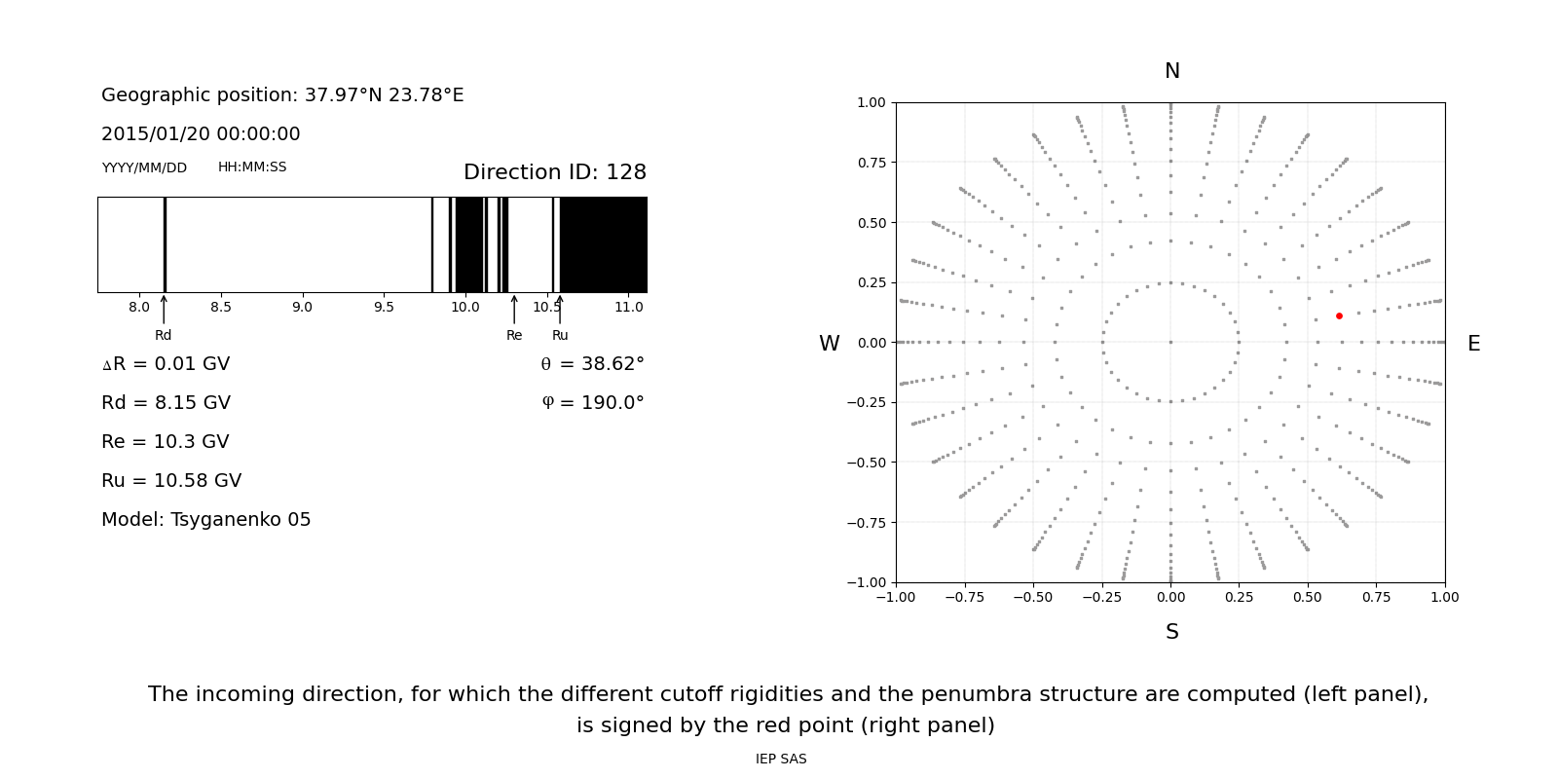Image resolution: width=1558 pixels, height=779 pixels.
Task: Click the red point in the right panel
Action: pyautogui.click(x=1339, y=315)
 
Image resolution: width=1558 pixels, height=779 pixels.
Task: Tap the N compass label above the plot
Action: pyautogui.click(x=1171, y=71)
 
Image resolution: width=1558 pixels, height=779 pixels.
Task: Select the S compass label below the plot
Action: pyautogui.click(x=1171, y=632)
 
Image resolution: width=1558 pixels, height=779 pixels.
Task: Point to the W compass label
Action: pyautogui.click(x=829, y=344)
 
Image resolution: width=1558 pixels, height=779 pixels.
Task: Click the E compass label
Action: pyautogui.click(x=1473, y=344)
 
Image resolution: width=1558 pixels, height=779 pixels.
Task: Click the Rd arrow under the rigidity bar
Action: pyautogui.click(x=164, y=310)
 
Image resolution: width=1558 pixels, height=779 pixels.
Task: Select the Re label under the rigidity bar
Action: pyautogui.click(x=514, y=336)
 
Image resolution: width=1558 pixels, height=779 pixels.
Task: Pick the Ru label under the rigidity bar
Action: pyautogui.click(x=560, y=336)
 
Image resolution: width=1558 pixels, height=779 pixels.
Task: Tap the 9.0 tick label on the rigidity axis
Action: pyautogui.click(x=302, y=308)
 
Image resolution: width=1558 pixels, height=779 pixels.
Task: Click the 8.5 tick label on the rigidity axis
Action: pyautogui.click(x=221, y=308)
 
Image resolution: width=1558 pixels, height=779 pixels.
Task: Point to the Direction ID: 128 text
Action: pyautogui.click(x=555, y=172)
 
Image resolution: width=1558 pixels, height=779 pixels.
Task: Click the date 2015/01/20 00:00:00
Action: pyautogui.click(x=201, y=134)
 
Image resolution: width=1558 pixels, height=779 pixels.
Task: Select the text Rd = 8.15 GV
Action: pyautogui.click(x=166, y=403)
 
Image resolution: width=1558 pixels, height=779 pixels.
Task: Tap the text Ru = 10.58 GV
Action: pyautogui.click(x=171, y=481)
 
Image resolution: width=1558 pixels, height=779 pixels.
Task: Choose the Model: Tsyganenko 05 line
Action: pyautogui.click(x=206, y=520)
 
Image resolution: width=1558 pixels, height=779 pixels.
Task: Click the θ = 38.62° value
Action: pyautogui.click(x=592, y=364)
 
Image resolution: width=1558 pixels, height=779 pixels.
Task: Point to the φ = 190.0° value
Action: pyautogui.click(x=593, y=403)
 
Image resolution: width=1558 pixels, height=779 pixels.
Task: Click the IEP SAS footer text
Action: pyautogui.click(x=781, y=760)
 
